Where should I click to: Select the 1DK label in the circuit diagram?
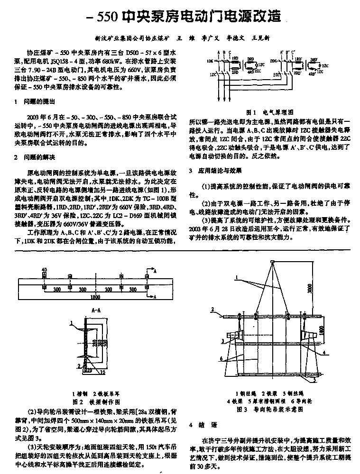[209, 61]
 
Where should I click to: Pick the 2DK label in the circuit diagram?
[273, 61]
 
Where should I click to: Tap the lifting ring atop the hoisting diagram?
[271, 262]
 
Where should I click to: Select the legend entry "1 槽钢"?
[79, 393]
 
